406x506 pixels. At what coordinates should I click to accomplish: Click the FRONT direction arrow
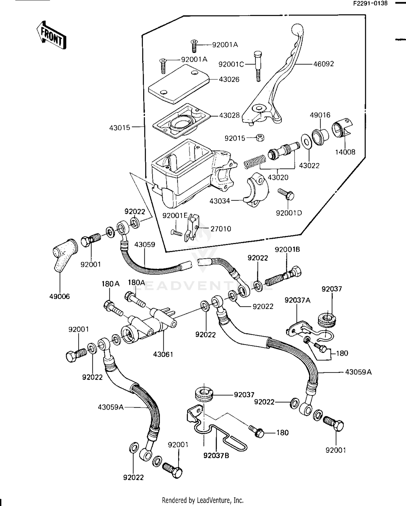[51, 35]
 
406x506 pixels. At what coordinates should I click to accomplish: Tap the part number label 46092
[323, 64]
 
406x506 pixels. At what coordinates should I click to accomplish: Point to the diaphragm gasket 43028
[181, 121]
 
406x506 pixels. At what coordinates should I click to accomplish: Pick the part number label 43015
[120, 127]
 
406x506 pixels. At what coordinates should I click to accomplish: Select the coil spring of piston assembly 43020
[255, 162]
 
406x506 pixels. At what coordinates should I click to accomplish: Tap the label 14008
[345, 152]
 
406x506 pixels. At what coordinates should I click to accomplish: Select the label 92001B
[287, 249]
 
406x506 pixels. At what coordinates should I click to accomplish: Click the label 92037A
[297, 300]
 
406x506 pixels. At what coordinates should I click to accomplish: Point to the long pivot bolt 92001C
[258, 66]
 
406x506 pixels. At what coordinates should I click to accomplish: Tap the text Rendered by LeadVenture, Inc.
[202, 500]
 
